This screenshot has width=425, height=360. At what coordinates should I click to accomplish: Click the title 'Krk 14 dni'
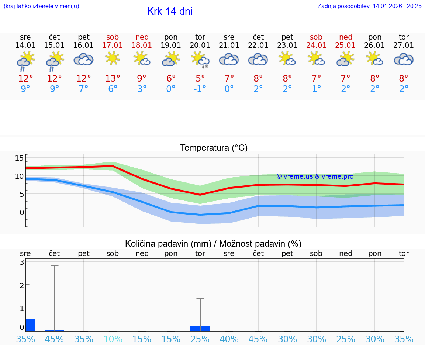click(170, 11)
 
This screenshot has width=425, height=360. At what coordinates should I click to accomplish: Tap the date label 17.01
click(113, 45)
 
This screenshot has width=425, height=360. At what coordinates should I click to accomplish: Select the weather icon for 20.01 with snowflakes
click(200, 59)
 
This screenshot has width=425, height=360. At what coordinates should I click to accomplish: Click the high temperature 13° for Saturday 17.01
click(113, 79)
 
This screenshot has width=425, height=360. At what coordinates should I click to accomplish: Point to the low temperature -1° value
click(200, 89)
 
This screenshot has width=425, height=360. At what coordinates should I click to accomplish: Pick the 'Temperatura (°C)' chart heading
click(214, 148)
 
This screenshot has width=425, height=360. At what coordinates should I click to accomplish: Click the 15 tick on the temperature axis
click(19, 158)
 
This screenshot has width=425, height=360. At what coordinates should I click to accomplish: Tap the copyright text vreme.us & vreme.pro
click(315, 176)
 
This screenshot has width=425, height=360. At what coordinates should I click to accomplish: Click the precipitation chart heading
click(213, 244)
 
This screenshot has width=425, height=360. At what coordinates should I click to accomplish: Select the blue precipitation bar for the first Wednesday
click(30, 325)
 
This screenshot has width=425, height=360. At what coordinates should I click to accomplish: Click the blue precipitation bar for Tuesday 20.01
click(200, 329)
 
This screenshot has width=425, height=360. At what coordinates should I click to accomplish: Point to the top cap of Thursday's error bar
click(55, 265)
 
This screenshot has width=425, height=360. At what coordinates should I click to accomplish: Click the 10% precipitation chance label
click(113, 339)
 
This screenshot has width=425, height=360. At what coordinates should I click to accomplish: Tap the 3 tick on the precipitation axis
click(22, 262)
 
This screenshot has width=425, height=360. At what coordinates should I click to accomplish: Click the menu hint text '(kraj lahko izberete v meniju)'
click(41, 6)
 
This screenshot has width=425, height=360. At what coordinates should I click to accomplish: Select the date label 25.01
click(345, 45)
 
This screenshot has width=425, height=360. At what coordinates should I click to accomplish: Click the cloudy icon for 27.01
click(404, 59)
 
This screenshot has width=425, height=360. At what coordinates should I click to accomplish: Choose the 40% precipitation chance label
click(229, 339)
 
